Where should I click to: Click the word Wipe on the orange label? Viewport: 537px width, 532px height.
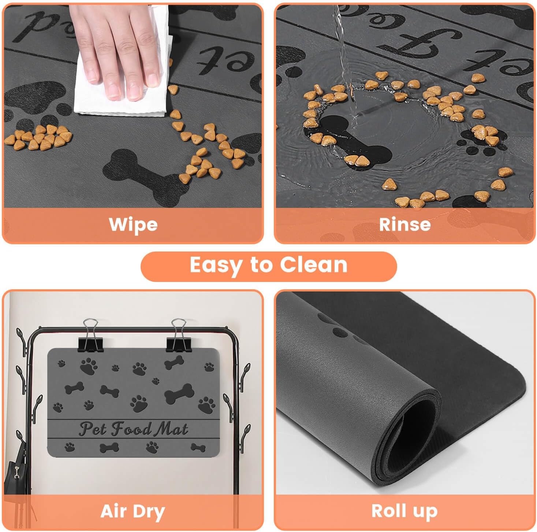tap(133, 224)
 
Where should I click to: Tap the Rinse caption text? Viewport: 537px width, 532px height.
tap(404, 224)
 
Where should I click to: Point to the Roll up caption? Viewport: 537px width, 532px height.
tap(404, 511)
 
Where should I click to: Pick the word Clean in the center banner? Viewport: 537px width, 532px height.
tap(313, 265)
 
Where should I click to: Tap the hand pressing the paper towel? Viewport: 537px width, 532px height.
tap(117, 48)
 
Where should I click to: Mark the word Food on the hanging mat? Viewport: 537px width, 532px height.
tap(131, 429)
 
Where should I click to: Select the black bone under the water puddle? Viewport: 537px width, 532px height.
tap(351, 143)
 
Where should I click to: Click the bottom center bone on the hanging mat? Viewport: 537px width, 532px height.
tap(109, 447)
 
